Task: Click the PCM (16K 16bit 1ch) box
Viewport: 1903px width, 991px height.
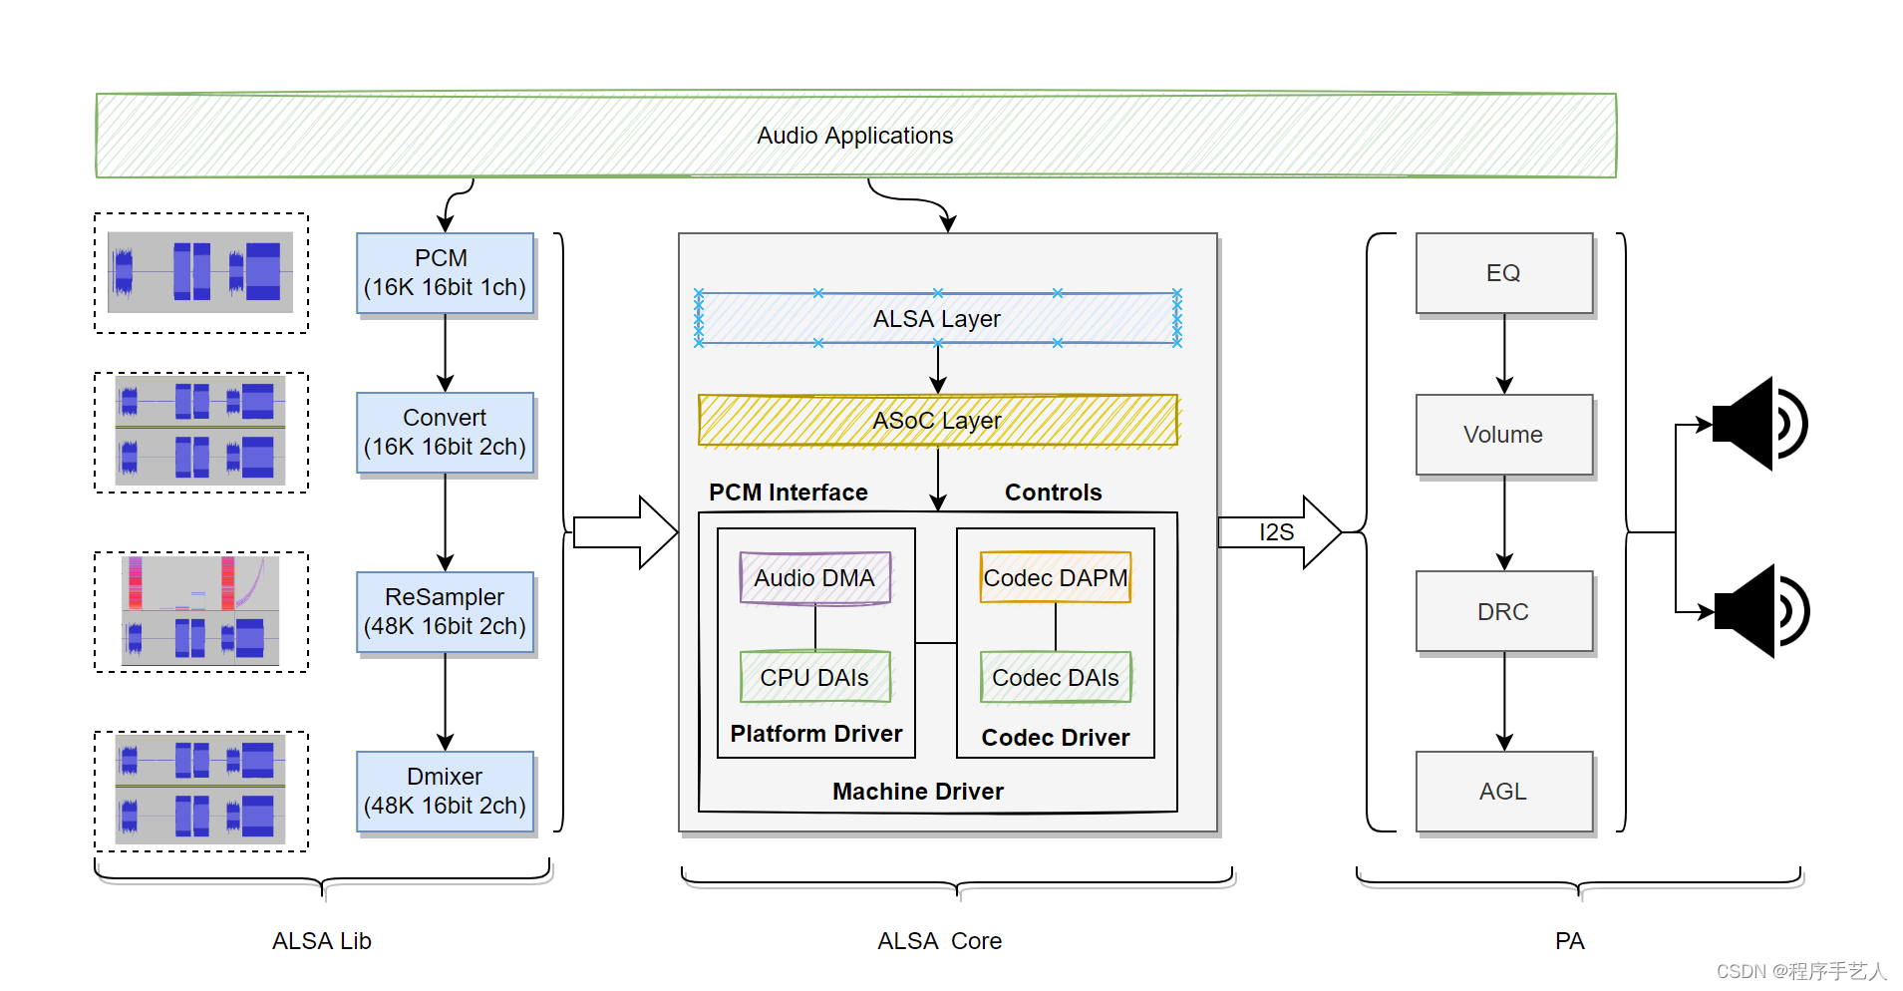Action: click(445, 273)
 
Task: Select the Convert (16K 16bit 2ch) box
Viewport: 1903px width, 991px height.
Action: click(445, 433)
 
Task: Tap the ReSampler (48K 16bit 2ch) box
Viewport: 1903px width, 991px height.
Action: click(445, 612)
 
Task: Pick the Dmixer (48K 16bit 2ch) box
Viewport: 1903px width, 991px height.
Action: click(445, 792)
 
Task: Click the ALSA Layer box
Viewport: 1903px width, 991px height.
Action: click(937, 318)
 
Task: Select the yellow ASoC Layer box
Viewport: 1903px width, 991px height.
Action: click(937, 420)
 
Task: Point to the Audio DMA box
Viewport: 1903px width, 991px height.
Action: click(814, 578)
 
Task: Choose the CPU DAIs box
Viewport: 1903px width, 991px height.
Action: click(814, 678)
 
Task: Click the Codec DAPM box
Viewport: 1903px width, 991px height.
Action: click(1055, 578)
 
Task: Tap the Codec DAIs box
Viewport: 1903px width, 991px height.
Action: click(1055, 678)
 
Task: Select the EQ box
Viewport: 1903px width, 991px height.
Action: click(1503, 273)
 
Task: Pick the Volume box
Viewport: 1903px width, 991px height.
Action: click(1503, 435)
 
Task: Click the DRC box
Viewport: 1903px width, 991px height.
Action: click(1503, 612)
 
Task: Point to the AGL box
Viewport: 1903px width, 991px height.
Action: click(1503, 792)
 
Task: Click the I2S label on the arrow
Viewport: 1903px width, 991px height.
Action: click(1276, 532)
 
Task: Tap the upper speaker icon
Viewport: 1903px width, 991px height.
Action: click(1758, 424)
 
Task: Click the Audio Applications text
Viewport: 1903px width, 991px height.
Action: click(854, 136)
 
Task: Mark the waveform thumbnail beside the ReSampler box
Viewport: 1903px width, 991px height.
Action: click(200, 611)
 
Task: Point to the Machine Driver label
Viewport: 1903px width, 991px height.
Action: click(917, 792)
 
